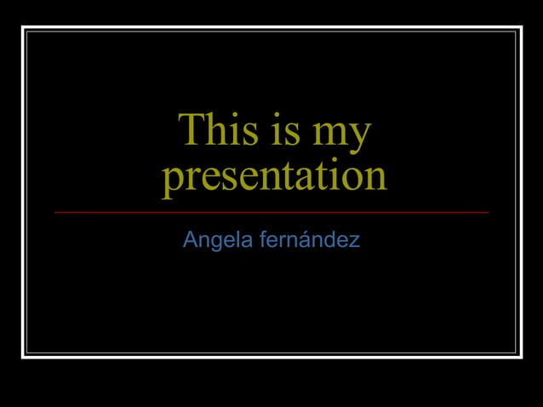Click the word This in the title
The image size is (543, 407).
click(211, 131)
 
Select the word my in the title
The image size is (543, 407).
click(341, 135)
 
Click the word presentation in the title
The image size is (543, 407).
click(274, 176)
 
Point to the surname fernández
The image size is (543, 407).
click(308, 240)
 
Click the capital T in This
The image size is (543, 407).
click(190, 131)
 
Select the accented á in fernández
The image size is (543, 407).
click(317, 240)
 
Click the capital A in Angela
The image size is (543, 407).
click(190, 240)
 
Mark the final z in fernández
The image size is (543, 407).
click(354, 243)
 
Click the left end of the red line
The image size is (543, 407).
click(55, 212)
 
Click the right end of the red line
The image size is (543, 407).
click(489, 212)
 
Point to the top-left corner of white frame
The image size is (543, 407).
click(24, 27)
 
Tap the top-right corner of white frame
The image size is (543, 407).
click(519, 27)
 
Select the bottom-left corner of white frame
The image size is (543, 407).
click(24, 356)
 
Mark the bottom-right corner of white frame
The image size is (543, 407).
click(519, 356)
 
